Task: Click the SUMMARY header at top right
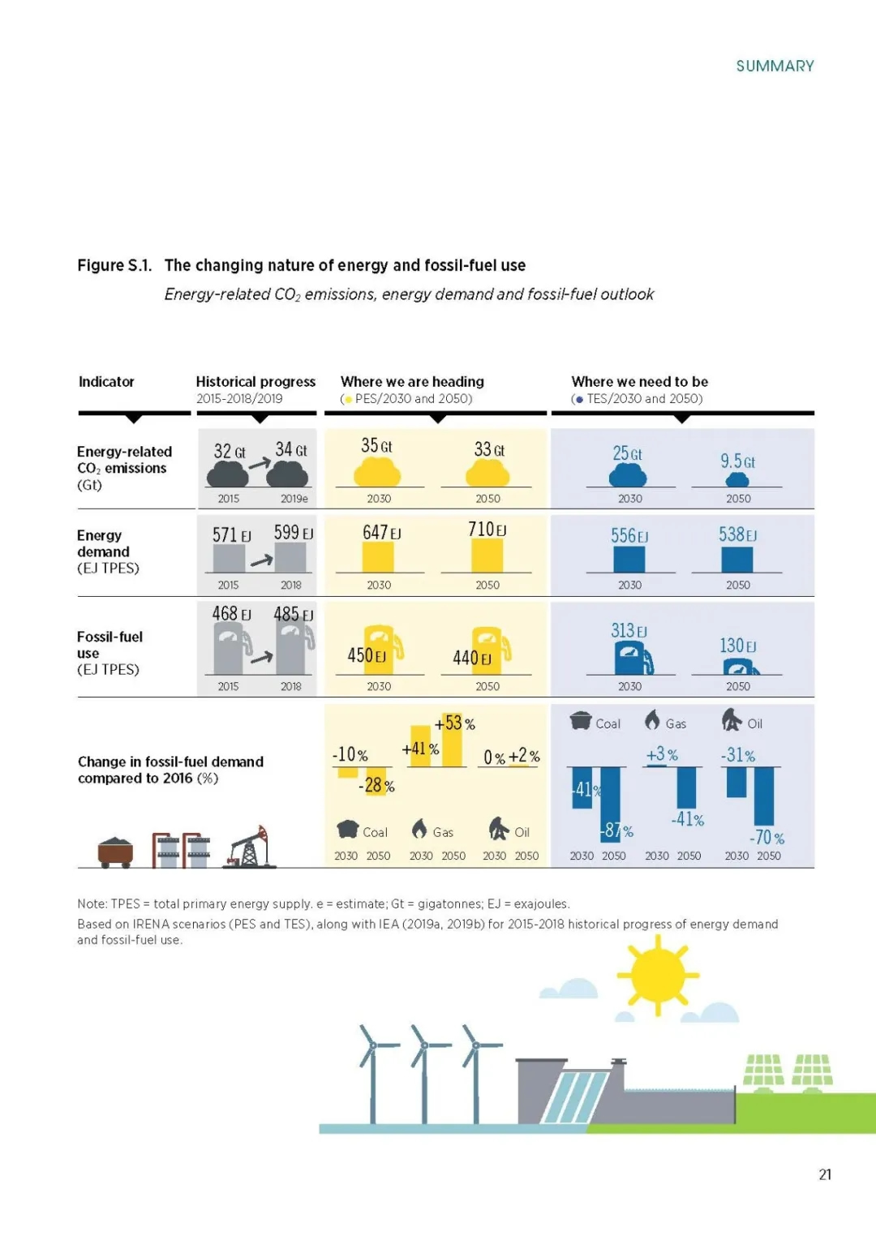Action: (775, 66)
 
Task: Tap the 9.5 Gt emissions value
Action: (737, 461)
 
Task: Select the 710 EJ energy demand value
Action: (487, 530)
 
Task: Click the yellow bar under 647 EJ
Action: (378, 557)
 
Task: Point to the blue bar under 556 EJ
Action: (629, 559)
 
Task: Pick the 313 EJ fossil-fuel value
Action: (629, 631)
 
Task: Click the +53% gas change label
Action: (454, 723)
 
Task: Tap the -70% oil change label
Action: (766, 838)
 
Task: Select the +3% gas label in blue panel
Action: (662, 754)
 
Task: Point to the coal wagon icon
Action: (115, 852)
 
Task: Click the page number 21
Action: (825, 1174)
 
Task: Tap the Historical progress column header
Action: (255, 381)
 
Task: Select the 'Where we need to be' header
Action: (639, 381)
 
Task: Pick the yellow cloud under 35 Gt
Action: (378, 471)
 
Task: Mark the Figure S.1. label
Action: (114, 265)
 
